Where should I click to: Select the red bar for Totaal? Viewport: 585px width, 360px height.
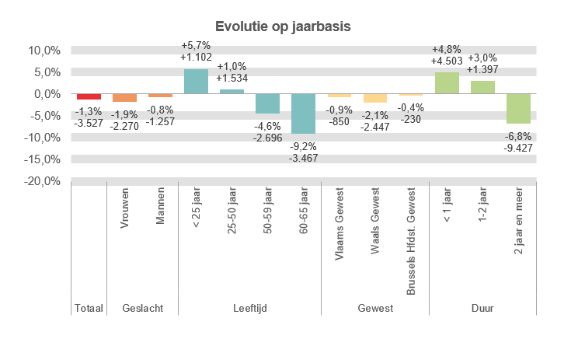(x=89, y=96)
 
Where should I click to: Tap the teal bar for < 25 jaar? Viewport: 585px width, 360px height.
(x=196, y=82)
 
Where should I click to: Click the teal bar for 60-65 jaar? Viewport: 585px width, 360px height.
(x=303, y=114)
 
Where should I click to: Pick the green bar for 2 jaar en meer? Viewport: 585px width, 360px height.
(x=518, y=109)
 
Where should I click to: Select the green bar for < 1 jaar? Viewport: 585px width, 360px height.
(x=447, y=83)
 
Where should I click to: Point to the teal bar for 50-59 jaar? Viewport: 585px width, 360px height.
(x=267, y=103)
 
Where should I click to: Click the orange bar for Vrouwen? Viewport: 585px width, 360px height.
(x=124, y=98)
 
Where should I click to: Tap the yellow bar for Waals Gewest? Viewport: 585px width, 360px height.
(x=375, y=98)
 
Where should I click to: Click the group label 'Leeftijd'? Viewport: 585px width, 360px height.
(x=250, y=309)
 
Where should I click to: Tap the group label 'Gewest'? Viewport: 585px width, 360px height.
(x=375, y=309)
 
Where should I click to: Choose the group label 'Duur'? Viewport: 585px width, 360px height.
(x=482, y=309)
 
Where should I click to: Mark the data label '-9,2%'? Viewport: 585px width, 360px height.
(x=303, y=145)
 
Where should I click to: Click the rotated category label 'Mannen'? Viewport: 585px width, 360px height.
(x=160, y=211)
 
